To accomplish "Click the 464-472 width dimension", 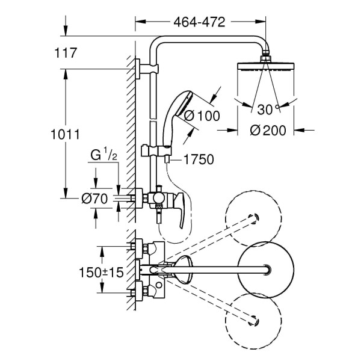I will click(199, 23).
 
